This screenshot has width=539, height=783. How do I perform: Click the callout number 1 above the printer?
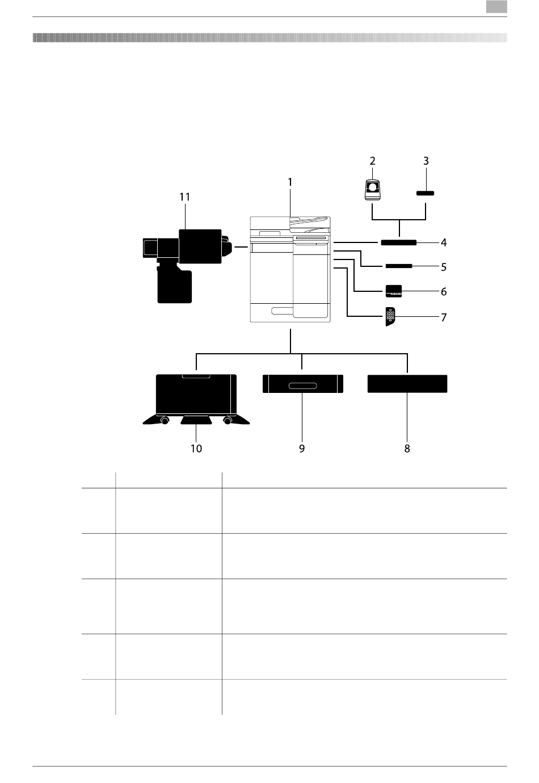(x=289, y=182)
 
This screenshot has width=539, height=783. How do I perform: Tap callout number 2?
(x=372, y=161)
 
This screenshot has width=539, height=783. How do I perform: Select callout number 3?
(x=426, y=161)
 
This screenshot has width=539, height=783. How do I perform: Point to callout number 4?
(x=444, y=242)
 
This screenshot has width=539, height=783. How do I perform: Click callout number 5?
(x=444, y=267)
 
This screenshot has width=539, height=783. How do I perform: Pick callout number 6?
(x=444, y=291)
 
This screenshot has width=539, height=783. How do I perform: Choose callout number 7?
(x=444, y=317)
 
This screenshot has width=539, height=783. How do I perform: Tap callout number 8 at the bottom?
(x=407, y=449)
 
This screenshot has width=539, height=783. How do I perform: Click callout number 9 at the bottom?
(x=302, y=449)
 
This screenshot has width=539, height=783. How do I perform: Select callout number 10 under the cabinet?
(x=196, y=449)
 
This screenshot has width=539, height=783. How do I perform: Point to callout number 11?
(x=185, y=197)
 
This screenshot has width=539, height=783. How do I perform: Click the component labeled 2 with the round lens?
(x=372, y=190)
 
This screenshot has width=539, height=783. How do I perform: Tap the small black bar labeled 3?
(x=425, y=193)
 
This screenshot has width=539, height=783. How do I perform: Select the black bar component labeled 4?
(x=398, y=242)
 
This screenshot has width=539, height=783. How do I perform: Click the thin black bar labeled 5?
(x=398, y=266)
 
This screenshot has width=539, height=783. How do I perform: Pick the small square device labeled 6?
(x=394, y=291)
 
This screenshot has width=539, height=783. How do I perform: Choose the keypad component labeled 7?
(x=390, y=316)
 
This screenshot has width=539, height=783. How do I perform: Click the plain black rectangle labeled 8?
(x=407, y=384)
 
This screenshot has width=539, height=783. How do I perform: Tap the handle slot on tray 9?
(x=302, y=386)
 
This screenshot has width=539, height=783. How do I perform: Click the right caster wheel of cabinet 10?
(x=228, y=421)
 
